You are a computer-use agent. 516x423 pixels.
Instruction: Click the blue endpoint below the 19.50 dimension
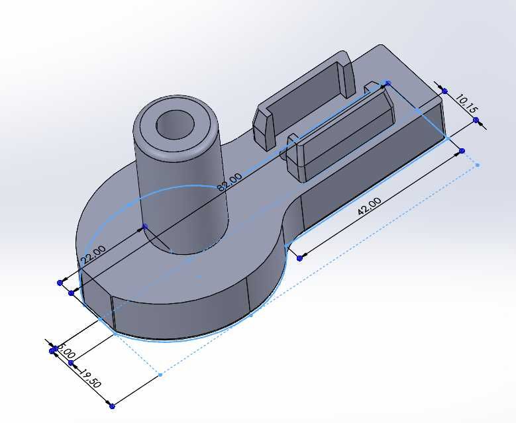(111, 406)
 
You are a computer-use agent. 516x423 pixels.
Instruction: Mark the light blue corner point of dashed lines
(160, 375)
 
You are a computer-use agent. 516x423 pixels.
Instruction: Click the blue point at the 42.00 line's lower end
(300, 258)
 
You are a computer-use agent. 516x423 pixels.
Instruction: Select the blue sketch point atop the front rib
(388, 83)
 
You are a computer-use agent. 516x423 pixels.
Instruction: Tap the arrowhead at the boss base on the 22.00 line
(145, 226)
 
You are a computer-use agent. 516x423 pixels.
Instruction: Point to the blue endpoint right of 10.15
(476, 120)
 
